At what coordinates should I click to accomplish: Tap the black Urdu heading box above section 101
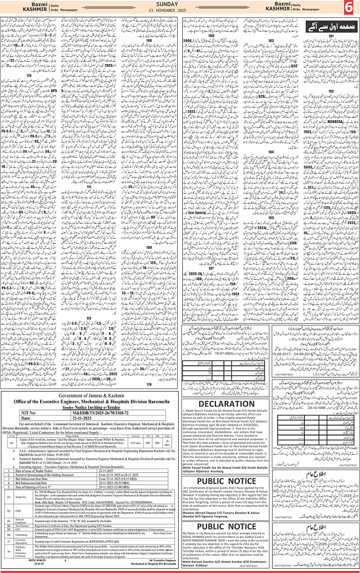(x=330, y=26)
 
